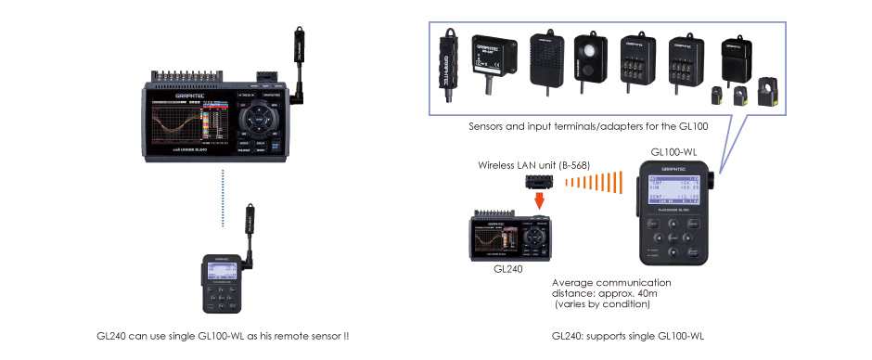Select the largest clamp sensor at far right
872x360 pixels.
point(767,93)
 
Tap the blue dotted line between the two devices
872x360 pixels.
point(223,198)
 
